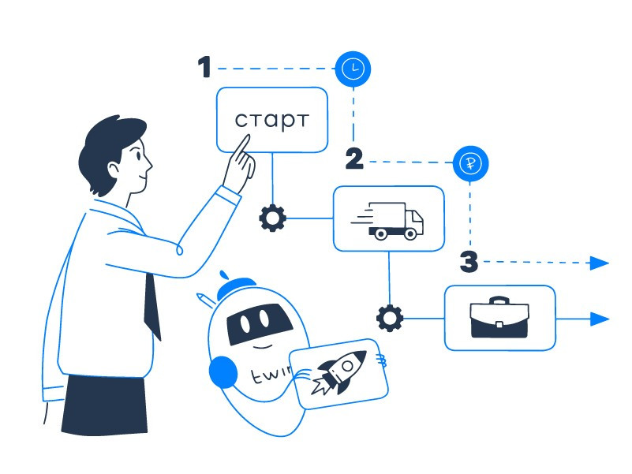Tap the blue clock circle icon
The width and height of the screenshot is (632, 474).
(x=353, y=69)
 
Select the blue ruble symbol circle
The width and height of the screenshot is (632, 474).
(x=471, y=165)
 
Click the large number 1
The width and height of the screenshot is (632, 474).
(x=205, y=68)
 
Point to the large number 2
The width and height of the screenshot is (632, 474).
(x=354, y=159)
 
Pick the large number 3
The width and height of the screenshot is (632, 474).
(x=469, y=262)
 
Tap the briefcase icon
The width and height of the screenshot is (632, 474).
(x=500, y=317)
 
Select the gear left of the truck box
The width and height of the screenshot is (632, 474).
(x=272, y=218)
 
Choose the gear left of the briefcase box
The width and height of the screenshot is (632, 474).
(x=389, y=318)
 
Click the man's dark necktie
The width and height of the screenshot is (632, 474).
(x=153, y=304)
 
